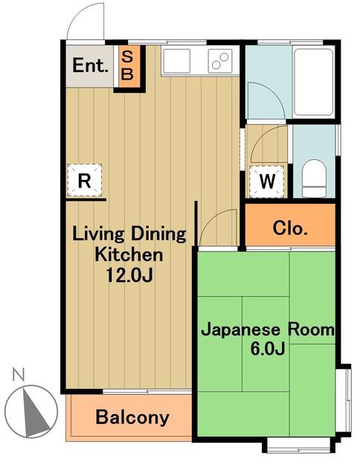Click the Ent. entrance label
(91, 65)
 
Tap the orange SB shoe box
(127, 66)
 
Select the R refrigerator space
(84, 180)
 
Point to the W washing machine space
(267, 181)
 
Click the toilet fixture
(314, 178)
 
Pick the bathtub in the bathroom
(314, 82)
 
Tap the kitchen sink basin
(177, 61)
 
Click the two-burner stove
(220, 61)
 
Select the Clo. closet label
(290, 228)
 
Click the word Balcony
(132, 417)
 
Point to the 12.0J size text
(129, 275)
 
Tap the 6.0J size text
(268, 349)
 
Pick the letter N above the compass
(19, 374)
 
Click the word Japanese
(240, 330)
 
